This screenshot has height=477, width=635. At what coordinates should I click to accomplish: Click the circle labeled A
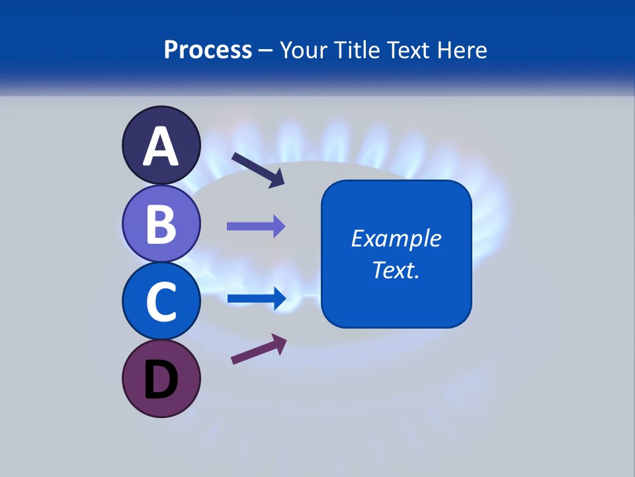tap(161, 145)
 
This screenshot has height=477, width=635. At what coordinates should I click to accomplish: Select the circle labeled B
tap(161, 223)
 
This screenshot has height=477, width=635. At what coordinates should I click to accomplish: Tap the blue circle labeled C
tap(161, 301)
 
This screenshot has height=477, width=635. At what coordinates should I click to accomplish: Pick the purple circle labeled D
tap(161, 378)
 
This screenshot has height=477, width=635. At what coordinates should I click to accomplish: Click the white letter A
tap(161, 146)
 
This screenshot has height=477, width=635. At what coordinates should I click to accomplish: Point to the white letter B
tap(161, 223)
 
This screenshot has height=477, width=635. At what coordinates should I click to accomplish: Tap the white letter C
tap(161, 301)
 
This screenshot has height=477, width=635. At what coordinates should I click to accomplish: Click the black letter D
tap(161, 380)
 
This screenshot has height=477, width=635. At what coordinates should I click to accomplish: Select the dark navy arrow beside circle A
tap(258, 170)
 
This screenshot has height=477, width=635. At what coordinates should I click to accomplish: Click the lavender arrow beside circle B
tap(256, 227)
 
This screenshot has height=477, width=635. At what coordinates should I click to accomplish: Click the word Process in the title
tap(208, 50)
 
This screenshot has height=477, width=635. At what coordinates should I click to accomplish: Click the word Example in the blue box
tap(396, 238)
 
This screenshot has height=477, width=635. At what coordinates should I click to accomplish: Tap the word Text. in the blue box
tap(396, 270)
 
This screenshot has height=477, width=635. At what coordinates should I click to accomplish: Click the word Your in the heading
tap(304, 50)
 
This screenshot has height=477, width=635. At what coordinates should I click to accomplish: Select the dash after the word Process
tap(265, 51)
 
